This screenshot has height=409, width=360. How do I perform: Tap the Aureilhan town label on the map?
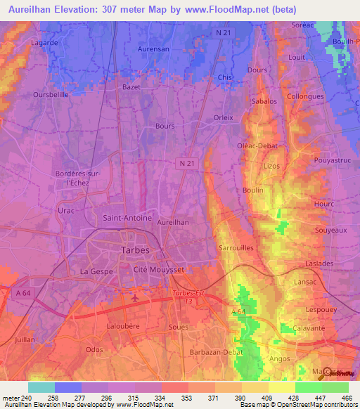click(173, 221)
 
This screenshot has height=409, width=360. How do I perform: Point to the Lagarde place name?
click(44, 43)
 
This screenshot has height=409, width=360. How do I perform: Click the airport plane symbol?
click(134, 297)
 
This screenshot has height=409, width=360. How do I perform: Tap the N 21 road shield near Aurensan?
click(222, 32)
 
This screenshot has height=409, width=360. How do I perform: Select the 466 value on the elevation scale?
click(347, 398)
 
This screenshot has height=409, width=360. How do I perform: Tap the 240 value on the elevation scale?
click(25, 398)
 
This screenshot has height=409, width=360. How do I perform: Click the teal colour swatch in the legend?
click(41, 387)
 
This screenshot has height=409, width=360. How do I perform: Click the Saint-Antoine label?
click(127, 218)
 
